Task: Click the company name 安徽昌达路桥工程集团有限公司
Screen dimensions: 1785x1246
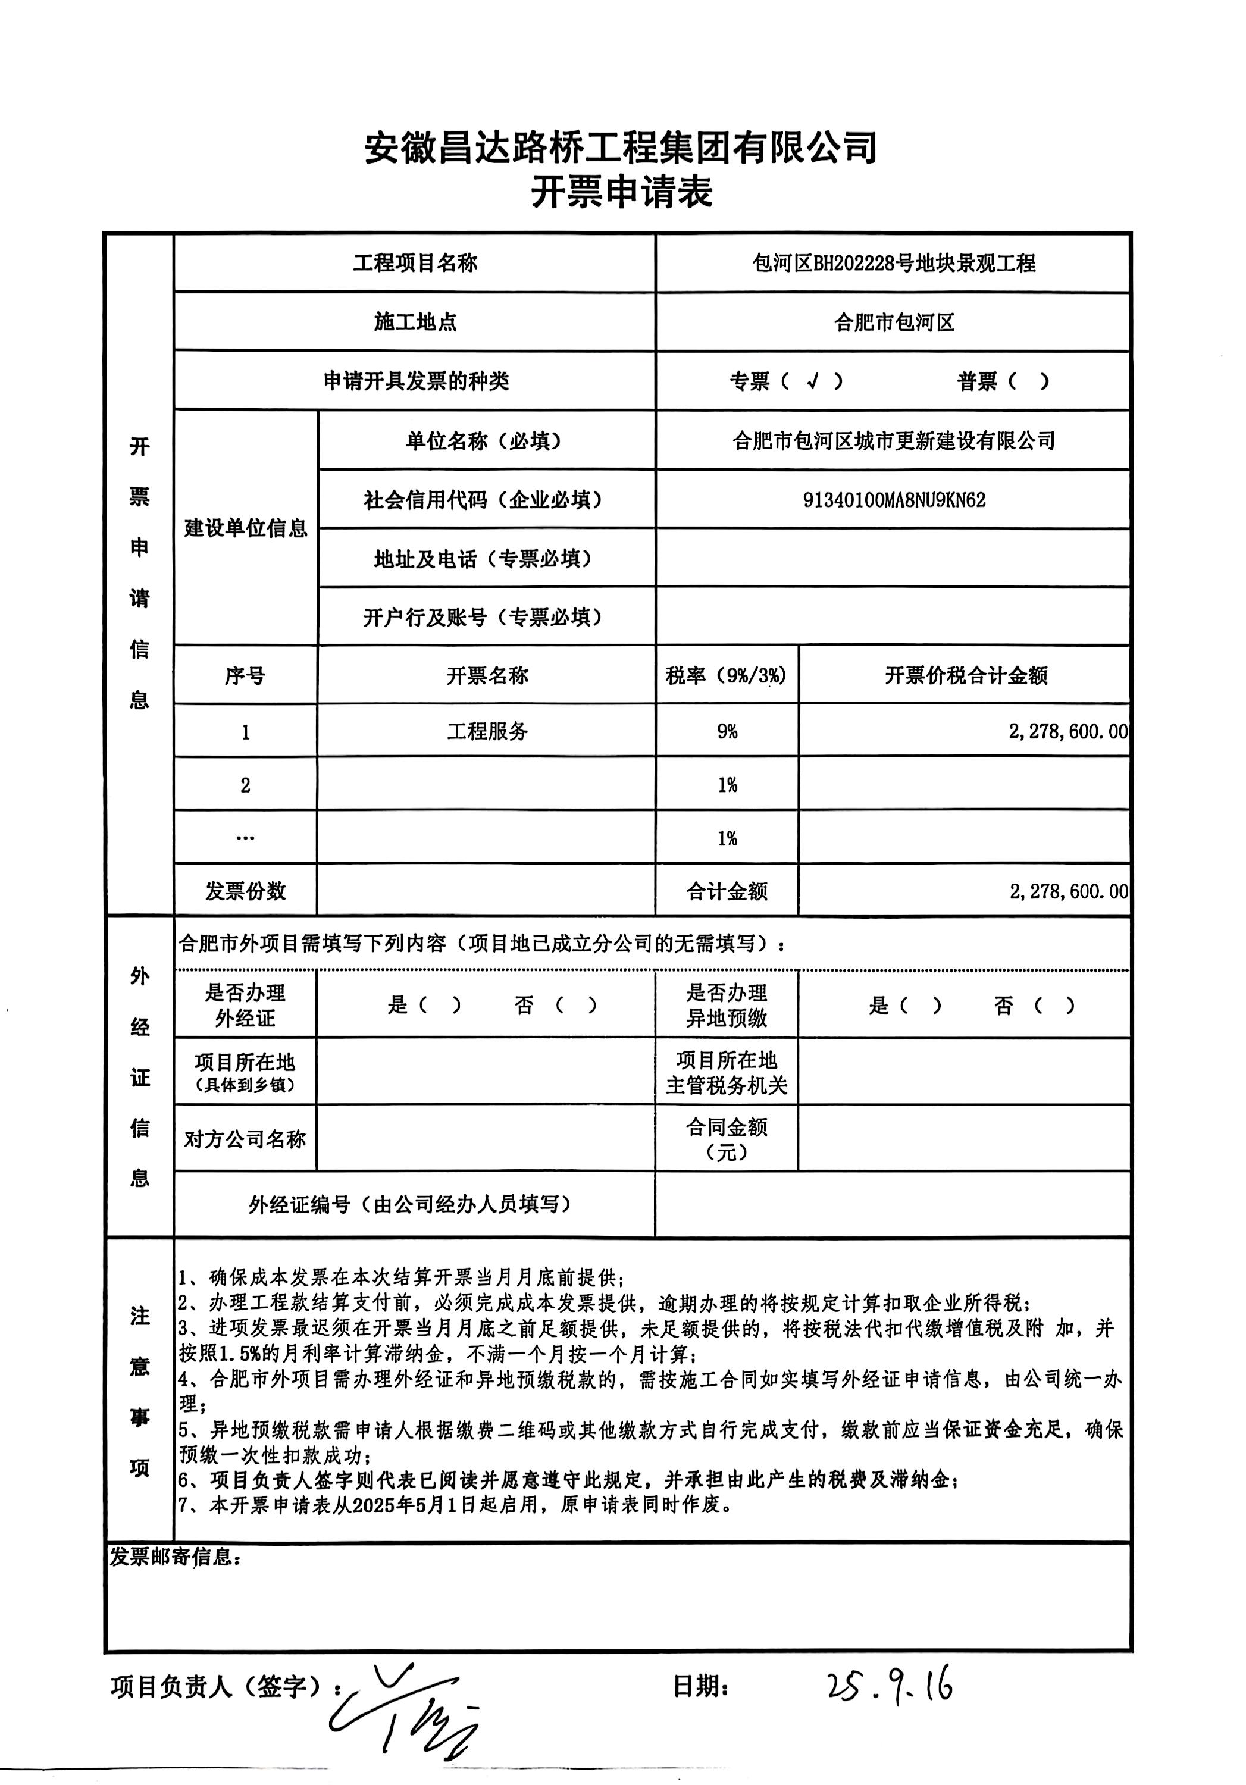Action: [x=622, y=147]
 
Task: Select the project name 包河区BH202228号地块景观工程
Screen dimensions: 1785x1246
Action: [x=893, y=264]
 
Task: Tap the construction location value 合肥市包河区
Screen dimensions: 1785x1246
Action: [x=893, y=322]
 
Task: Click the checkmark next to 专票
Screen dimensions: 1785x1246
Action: [x=812, y=381]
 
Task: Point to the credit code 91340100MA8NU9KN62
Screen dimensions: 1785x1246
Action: [x=894, y=500]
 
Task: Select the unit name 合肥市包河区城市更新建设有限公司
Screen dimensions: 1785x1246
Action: [x=893, y=441]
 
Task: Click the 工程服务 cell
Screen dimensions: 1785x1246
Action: [x=487, y=731]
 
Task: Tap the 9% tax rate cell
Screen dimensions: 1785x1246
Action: [x=727, y=731]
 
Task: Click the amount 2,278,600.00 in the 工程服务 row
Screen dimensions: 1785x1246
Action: [x=1067, y=731]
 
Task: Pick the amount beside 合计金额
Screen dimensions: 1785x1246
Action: [x=1068, y=891]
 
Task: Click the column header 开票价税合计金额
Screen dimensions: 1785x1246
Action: [x=965, y=675]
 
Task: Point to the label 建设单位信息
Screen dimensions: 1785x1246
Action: [x=246, y=529]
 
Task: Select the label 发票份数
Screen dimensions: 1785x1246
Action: [x=246, y=891]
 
